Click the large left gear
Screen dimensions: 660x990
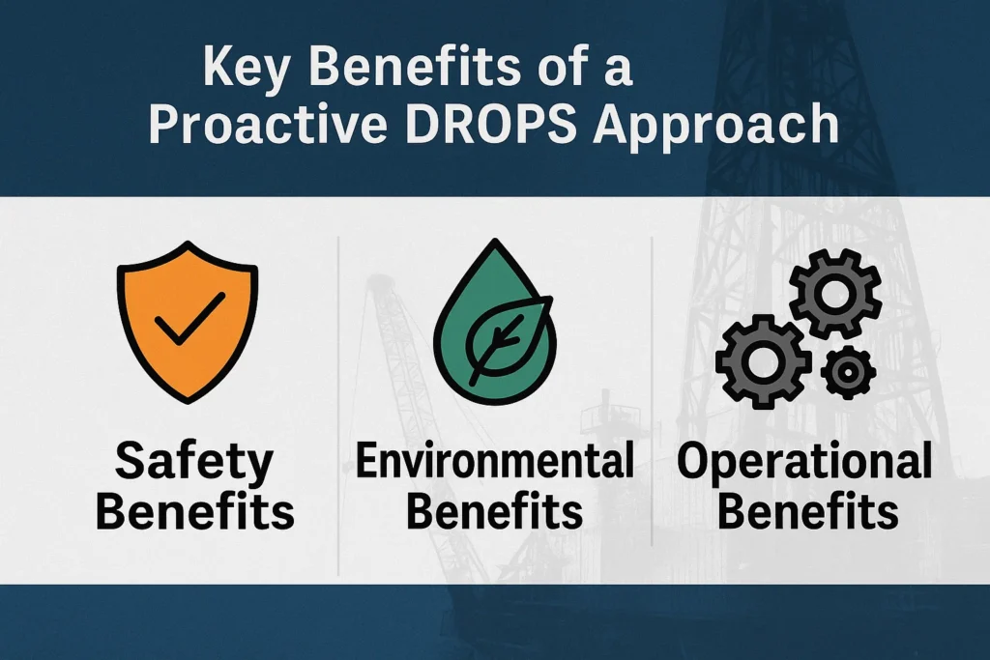(764, 359)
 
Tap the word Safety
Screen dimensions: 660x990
(194, 462)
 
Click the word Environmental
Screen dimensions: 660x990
(494, 462)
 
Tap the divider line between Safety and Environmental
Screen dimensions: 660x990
(338, 406)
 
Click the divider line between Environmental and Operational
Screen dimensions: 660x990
(653, 406)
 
